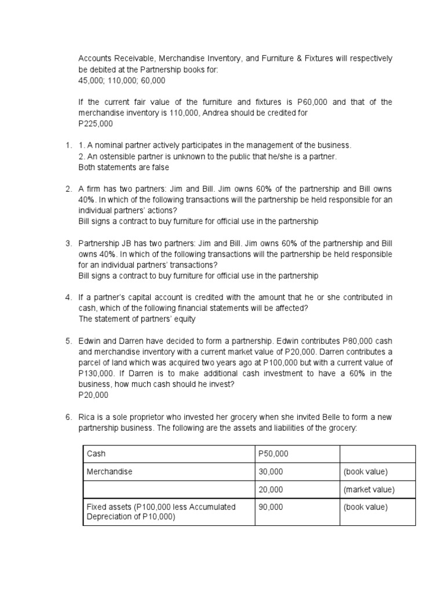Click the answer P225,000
click(96, 124)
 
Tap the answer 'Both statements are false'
click(123, 167)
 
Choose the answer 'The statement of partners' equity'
click(137, 319)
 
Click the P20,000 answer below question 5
click(93, 396)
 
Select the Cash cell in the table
click(96, 454)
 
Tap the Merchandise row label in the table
click(110, 471)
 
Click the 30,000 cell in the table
click(271, 471)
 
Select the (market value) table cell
click(369, 489)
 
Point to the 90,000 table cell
click(271, 507)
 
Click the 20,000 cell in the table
click(271, 489)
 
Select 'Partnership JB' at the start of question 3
click(105, 244)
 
